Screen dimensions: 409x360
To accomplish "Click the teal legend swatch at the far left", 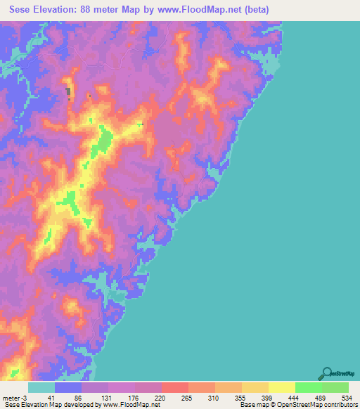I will tap(41, 387).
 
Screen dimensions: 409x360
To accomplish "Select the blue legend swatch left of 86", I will tap(68, 387).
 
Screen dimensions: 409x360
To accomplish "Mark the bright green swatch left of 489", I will tap(308, 387).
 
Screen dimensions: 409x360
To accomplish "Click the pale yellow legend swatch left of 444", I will tap(281, 387).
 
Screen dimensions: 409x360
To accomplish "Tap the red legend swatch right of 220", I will tap(175, 387).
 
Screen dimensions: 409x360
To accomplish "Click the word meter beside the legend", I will tap(12, 397).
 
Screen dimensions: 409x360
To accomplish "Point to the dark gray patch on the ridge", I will tap(68, 92).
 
